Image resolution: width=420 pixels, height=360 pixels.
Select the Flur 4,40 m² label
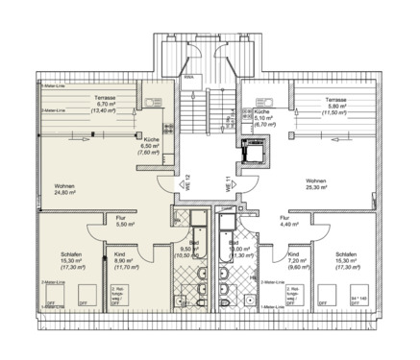click(x=285, y=223)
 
